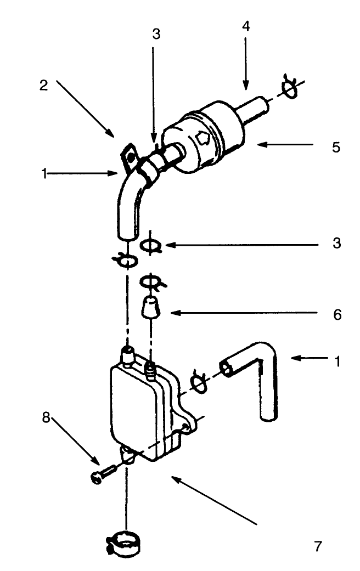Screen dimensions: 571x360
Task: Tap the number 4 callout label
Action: point(246,27)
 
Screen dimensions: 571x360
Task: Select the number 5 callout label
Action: point(336,148)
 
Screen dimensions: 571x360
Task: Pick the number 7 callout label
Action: point(317,546)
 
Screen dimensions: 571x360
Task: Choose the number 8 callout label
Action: point(47,417)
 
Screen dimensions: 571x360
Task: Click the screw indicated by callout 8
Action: point(103,471)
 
